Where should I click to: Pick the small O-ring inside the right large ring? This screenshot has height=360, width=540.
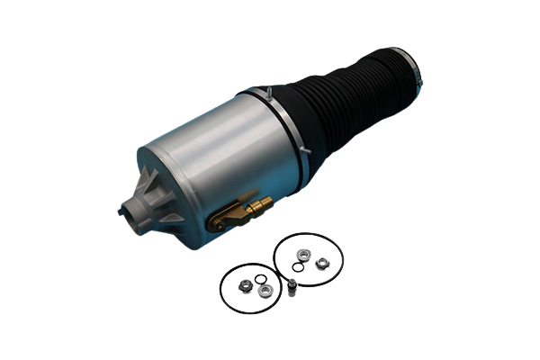pyautogui.click(x=297, y=266)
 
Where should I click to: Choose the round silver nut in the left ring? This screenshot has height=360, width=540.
pyautogui.click(x=264, y=290)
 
